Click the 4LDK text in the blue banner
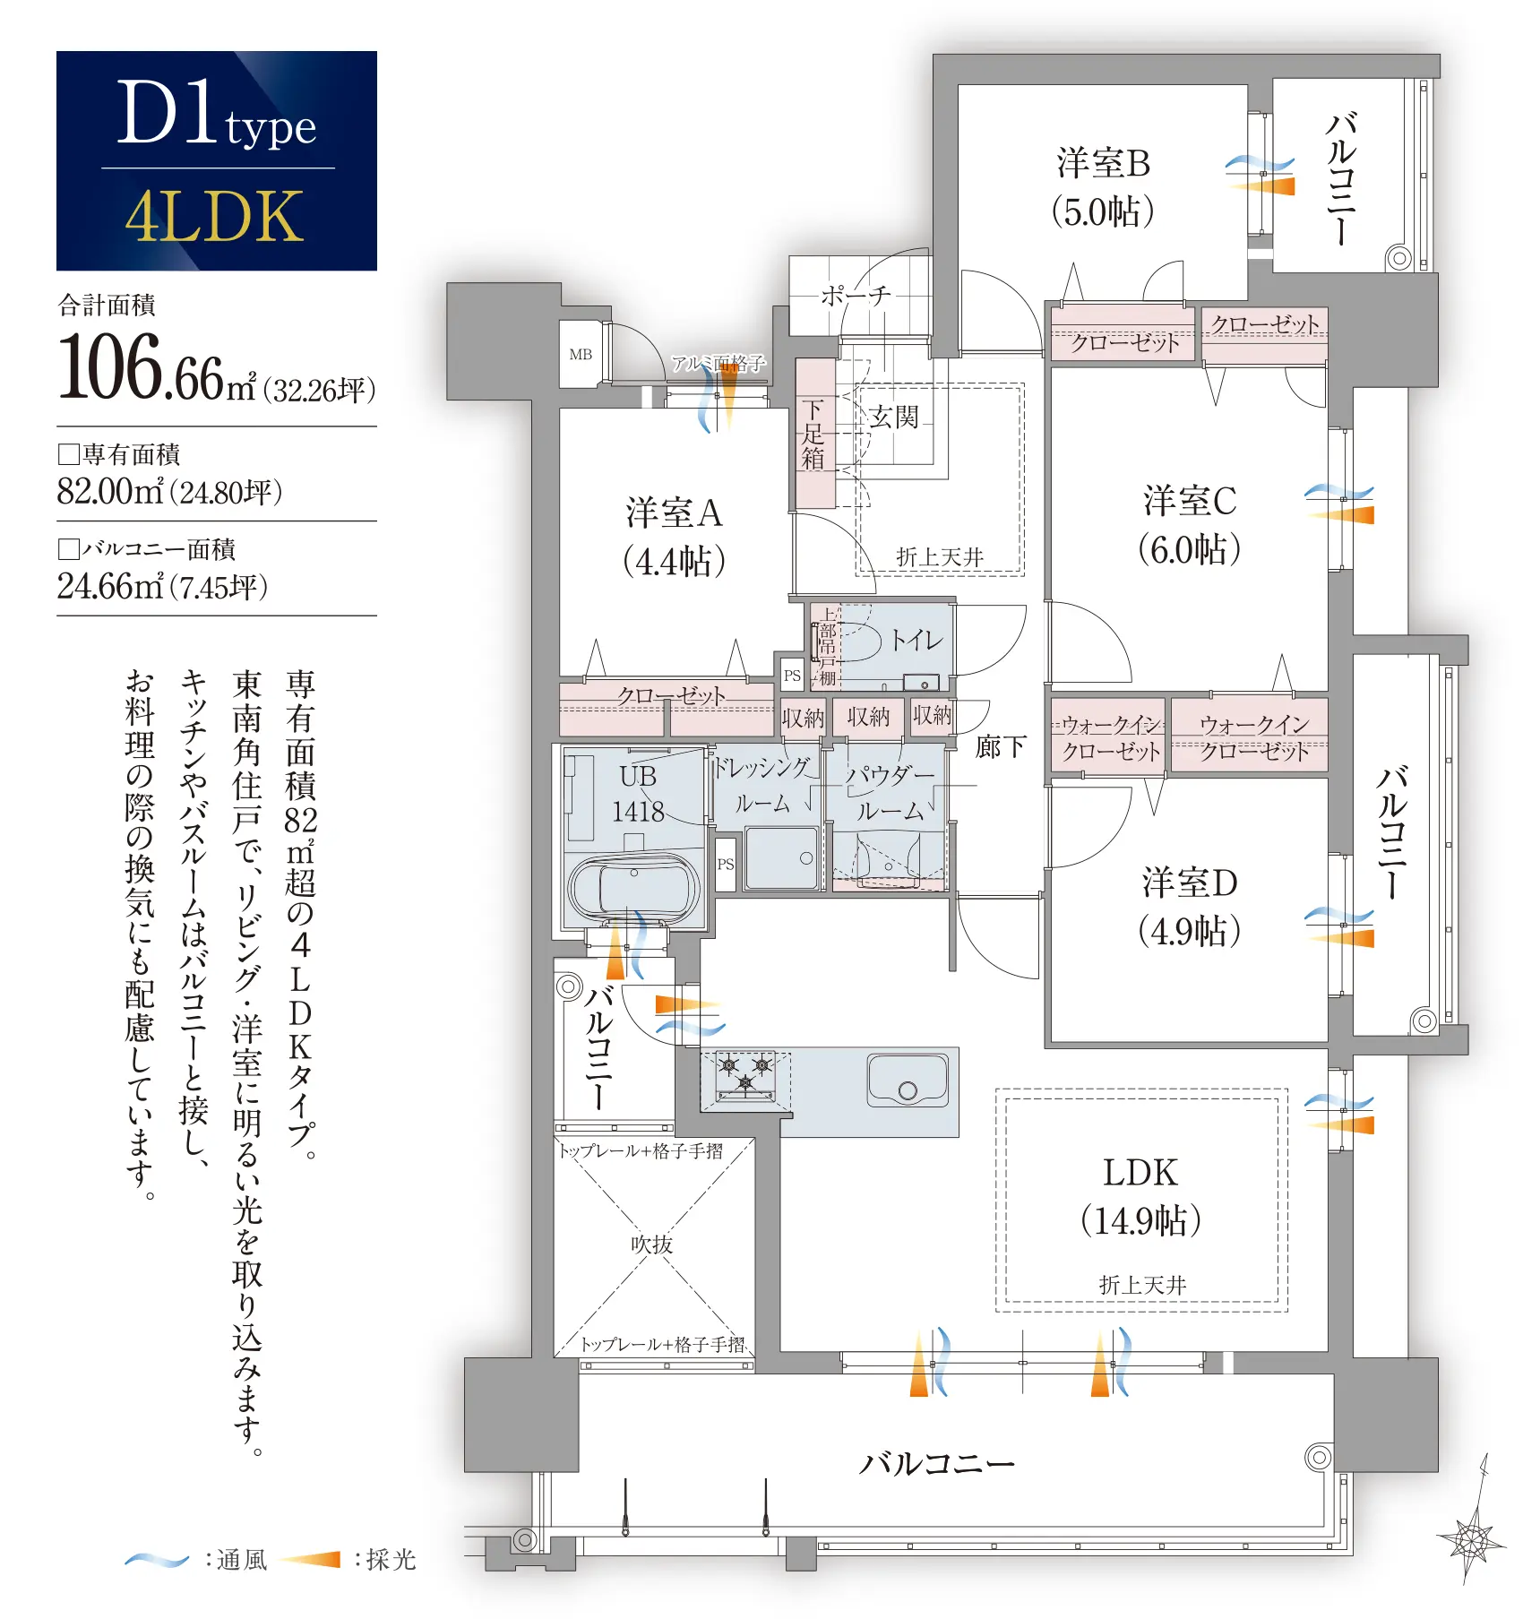(x=215, y=217)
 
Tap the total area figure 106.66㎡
(x=158, y=367)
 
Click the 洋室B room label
(x=1103, y=164)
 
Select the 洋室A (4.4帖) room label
(x=674, y=537)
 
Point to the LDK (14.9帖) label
(x=1140, y=1196)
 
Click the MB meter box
(x=581, y=354)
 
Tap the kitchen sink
(x=908, y=1080)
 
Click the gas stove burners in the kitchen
(x=745, y=1073)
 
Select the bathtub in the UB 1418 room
(x=634, y=888)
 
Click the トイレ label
(x=916, y=640)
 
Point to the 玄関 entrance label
(x=894, y=417)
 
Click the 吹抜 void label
(x=651, y=1244)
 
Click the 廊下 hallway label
(x=1000, y=746)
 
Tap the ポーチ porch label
(x=856, y=295)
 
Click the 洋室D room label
(x=1190, y=883)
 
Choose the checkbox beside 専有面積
(x=69, y=454)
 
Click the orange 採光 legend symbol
(x=310, y=1560)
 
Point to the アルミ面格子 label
(x=718, y=363)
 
